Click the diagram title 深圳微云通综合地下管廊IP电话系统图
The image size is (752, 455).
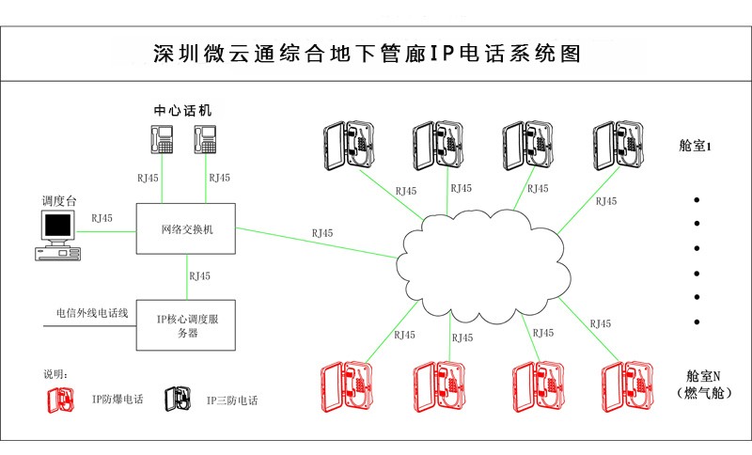[367, 53]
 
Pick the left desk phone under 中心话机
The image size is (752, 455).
[162, 139]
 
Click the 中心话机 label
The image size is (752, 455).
[183, 110]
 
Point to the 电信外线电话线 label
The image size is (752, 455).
[92, 311]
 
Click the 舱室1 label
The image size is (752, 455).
[697, 147]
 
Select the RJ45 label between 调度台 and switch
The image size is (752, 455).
[102, 218]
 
